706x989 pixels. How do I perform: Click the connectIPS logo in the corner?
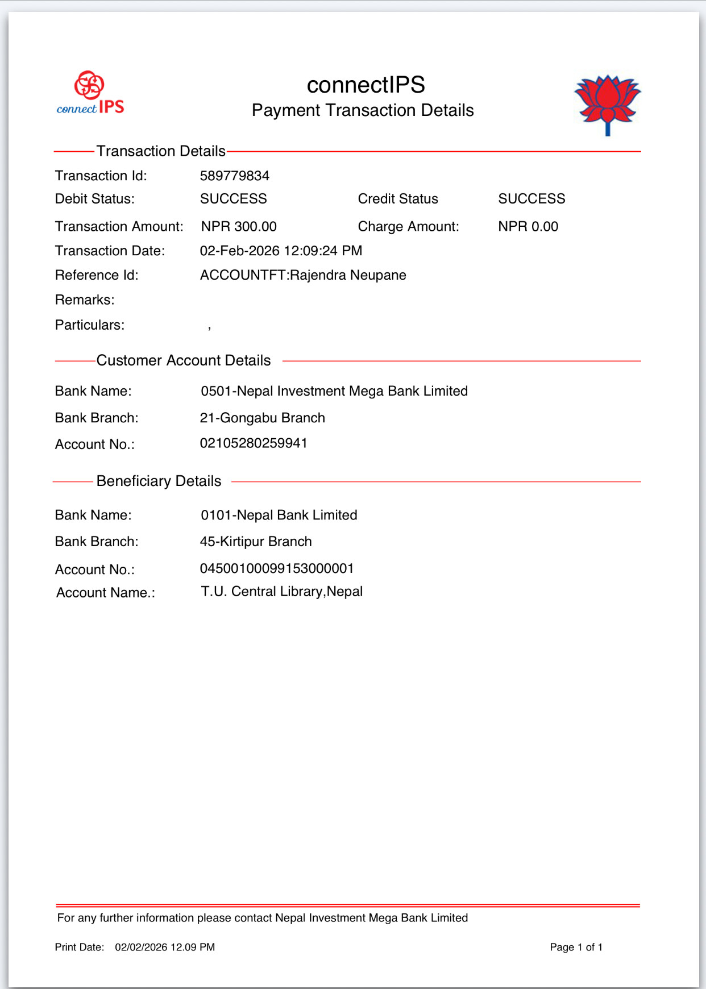[90, 93]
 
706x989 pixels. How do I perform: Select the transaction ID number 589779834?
[234, 176]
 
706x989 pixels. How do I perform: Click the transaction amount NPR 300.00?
[239, 226]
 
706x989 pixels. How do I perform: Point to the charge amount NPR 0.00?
[528, 226]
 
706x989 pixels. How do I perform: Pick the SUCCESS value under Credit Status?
[531, 198]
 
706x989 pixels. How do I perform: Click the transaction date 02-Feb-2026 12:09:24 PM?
[281, 251]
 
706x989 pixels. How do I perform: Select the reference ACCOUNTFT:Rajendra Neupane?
[303, 275]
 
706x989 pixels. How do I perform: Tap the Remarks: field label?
[85, 300]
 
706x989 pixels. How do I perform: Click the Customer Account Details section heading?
[183, 360]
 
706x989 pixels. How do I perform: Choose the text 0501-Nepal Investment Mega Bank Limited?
[334, 391]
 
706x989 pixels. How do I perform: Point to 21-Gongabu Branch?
[262, 418]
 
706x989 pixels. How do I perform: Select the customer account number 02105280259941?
[254, 443]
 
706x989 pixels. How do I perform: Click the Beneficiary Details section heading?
[159, 481]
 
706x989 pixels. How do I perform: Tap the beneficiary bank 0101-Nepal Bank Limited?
[279, 515]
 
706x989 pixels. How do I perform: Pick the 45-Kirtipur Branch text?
[256, 541]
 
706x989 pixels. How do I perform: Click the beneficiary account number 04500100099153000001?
[277, 568]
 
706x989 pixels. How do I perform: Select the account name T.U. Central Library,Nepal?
[282, 592]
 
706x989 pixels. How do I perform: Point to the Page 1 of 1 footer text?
[576, 947]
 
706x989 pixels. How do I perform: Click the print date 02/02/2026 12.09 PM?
[165, 947]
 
